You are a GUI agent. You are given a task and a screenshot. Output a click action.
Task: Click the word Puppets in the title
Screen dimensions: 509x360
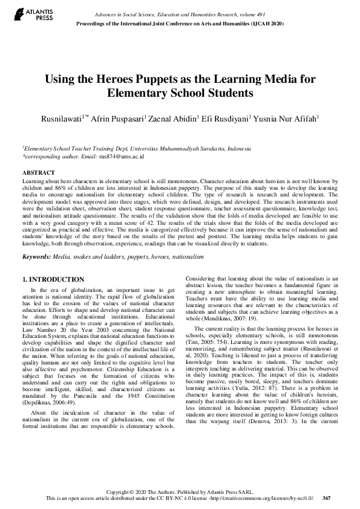tap(151, 80)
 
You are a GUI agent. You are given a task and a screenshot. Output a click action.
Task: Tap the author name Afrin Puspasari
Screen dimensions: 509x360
tap(119, 119)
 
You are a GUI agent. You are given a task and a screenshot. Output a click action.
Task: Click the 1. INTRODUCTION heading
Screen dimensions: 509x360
tap(53, 279)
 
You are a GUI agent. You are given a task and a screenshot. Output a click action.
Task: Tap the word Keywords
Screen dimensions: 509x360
tap(36, 258)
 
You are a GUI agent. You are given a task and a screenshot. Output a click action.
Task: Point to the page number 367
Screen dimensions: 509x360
tap(327, 498)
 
